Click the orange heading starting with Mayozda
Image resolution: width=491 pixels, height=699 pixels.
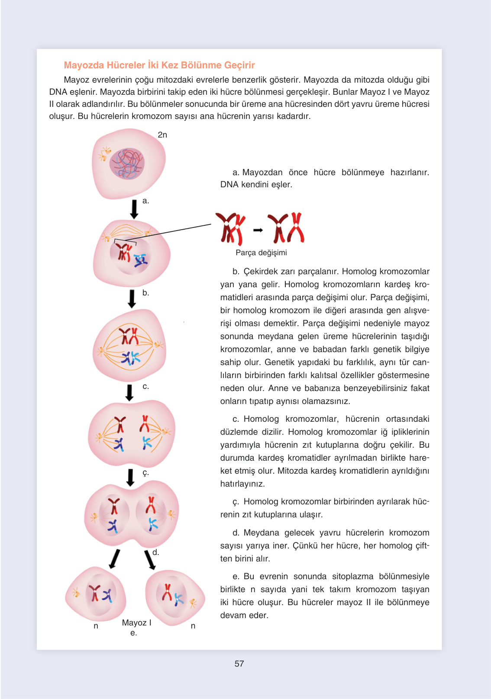click(x=159, y=65)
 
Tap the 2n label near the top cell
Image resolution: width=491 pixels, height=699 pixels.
click(x=162, y=135)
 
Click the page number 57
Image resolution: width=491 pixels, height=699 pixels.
click(x=239, y=664)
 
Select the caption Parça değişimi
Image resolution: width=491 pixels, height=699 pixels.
click(x=261, y=253)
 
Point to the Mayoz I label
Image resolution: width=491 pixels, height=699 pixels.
click(x=136, y=623)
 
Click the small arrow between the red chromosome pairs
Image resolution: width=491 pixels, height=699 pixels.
click(x=258, y=230)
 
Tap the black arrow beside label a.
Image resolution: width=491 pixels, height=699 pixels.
click(x=134, y=209)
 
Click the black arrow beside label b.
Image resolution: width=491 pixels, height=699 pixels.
click(x=132, y=298)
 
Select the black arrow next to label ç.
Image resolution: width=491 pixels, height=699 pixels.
click(x=130, y=478)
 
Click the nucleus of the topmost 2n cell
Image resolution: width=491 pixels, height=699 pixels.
click(x=127, y=164)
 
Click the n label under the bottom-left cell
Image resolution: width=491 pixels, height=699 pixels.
click(x=96, y=626)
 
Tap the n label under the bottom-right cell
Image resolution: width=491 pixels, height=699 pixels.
click(x=193, y=626)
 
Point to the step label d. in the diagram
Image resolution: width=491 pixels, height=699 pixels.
click(x=156, y=552)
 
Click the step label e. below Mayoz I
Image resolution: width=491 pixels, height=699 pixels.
click(x=133, y=633)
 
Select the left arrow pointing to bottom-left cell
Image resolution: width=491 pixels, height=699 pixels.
click(x=114, y=558)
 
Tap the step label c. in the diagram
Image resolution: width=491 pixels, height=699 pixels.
click(x=145, y=386)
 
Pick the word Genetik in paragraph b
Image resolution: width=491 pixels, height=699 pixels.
click(x=280, y=362)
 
